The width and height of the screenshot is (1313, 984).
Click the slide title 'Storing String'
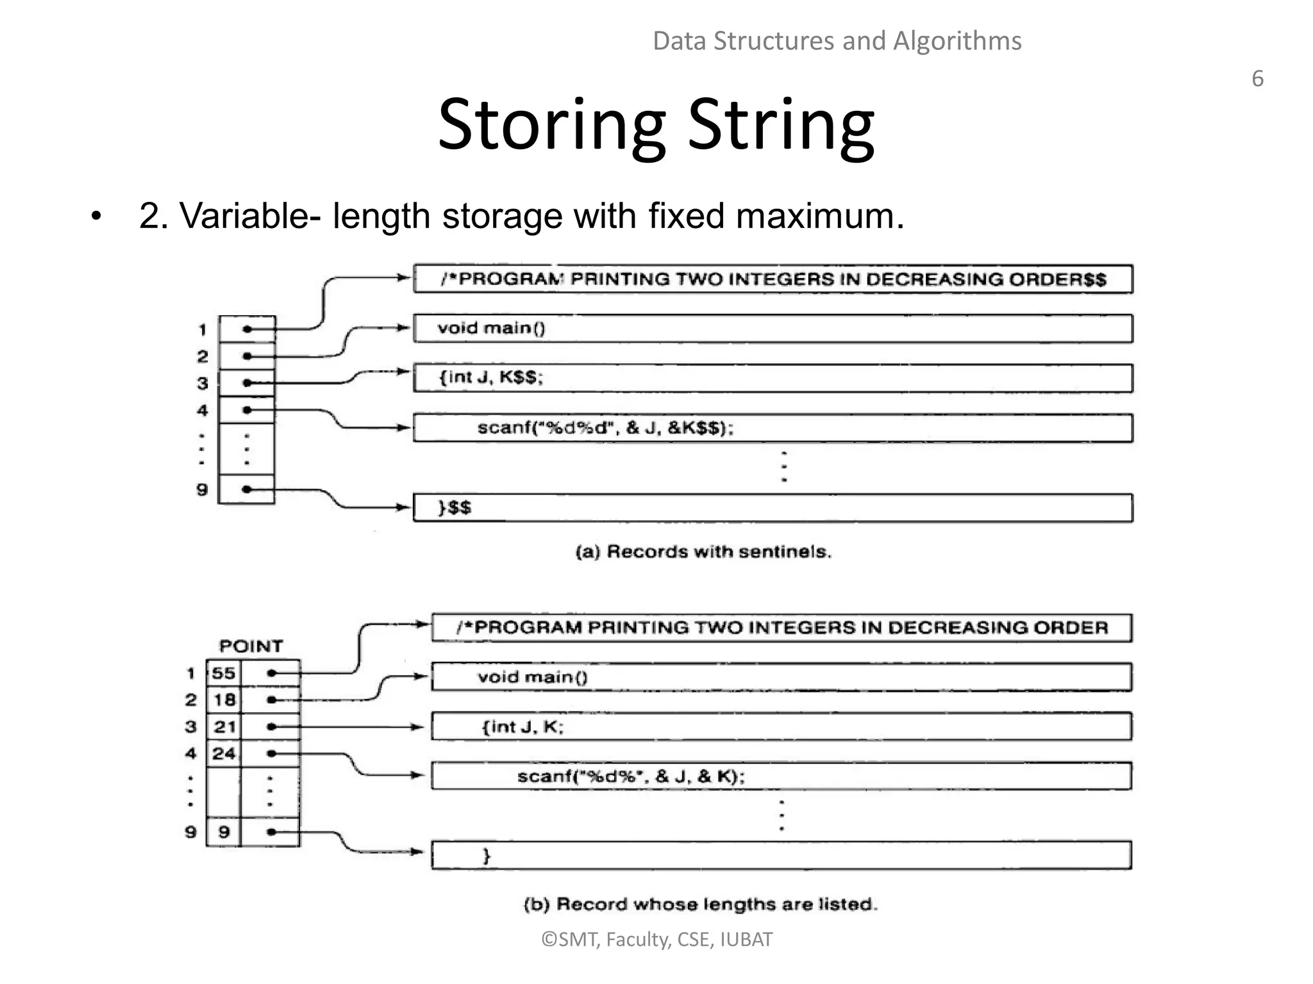656,125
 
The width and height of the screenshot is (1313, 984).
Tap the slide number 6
1257,79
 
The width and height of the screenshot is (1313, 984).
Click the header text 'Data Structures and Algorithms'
837,41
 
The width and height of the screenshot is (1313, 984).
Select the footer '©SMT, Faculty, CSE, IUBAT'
656,939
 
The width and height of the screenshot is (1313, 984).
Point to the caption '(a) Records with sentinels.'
703,552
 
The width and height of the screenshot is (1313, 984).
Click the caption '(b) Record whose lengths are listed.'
700,904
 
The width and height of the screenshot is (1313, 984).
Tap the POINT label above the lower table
251,646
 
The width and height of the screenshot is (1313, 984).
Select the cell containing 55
224,673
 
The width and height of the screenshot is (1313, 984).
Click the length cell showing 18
224,700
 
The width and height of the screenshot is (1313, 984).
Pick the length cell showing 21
224,726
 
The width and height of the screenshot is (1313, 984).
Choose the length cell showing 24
224,753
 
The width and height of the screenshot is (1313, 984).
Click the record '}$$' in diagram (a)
455,508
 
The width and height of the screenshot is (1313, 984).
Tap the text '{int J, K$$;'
490,377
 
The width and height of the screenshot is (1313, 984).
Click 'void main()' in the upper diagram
491,328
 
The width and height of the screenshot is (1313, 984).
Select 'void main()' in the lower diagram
532,677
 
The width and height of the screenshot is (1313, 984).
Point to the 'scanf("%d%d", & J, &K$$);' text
605,428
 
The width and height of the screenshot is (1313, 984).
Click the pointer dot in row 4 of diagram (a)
247,410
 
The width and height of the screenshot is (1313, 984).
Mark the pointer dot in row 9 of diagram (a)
247,489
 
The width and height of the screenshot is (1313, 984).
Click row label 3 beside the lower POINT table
190,727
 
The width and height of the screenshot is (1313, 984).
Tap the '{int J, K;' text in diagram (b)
523,726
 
